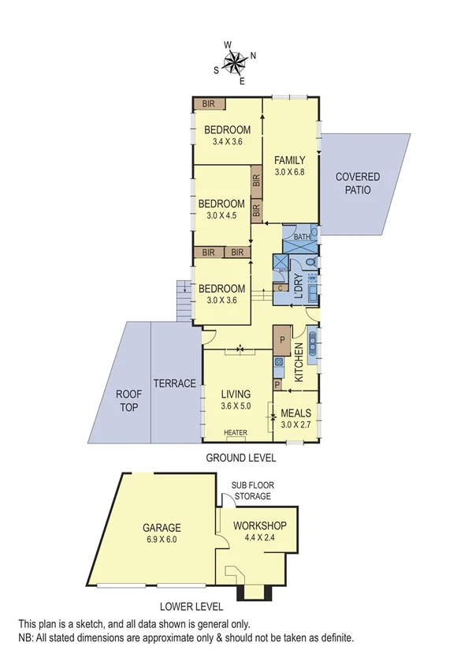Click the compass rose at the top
[x=236, y=62]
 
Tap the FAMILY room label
[x=289, y=161]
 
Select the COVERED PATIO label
[x=358, y=183]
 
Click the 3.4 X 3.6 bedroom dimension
[x=227, y=142]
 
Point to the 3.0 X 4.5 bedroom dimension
[x=221, y=215]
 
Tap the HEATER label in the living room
[x=235, y=432]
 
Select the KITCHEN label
[x=299, y=363]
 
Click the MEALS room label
[x=296, y=413]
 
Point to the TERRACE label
[x=174, y=383]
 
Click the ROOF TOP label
[x=128, y=399]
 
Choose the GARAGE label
[x=162, y=528]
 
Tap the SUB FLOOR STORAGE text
[x=251, y=491]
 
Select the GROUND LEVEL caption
[x=240, y=458]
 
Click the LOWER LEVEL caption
[x=191, y=607]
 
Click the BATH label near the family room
[x=302, y=237]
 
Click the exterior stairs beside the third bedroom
[x=184, y=300]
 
